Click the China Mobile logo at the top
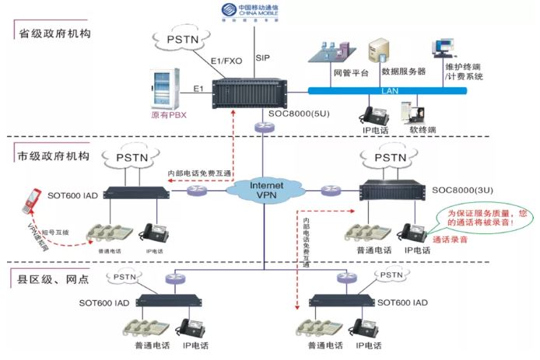268,12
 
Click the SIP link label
262,58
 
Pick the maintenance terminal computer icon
444,47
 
